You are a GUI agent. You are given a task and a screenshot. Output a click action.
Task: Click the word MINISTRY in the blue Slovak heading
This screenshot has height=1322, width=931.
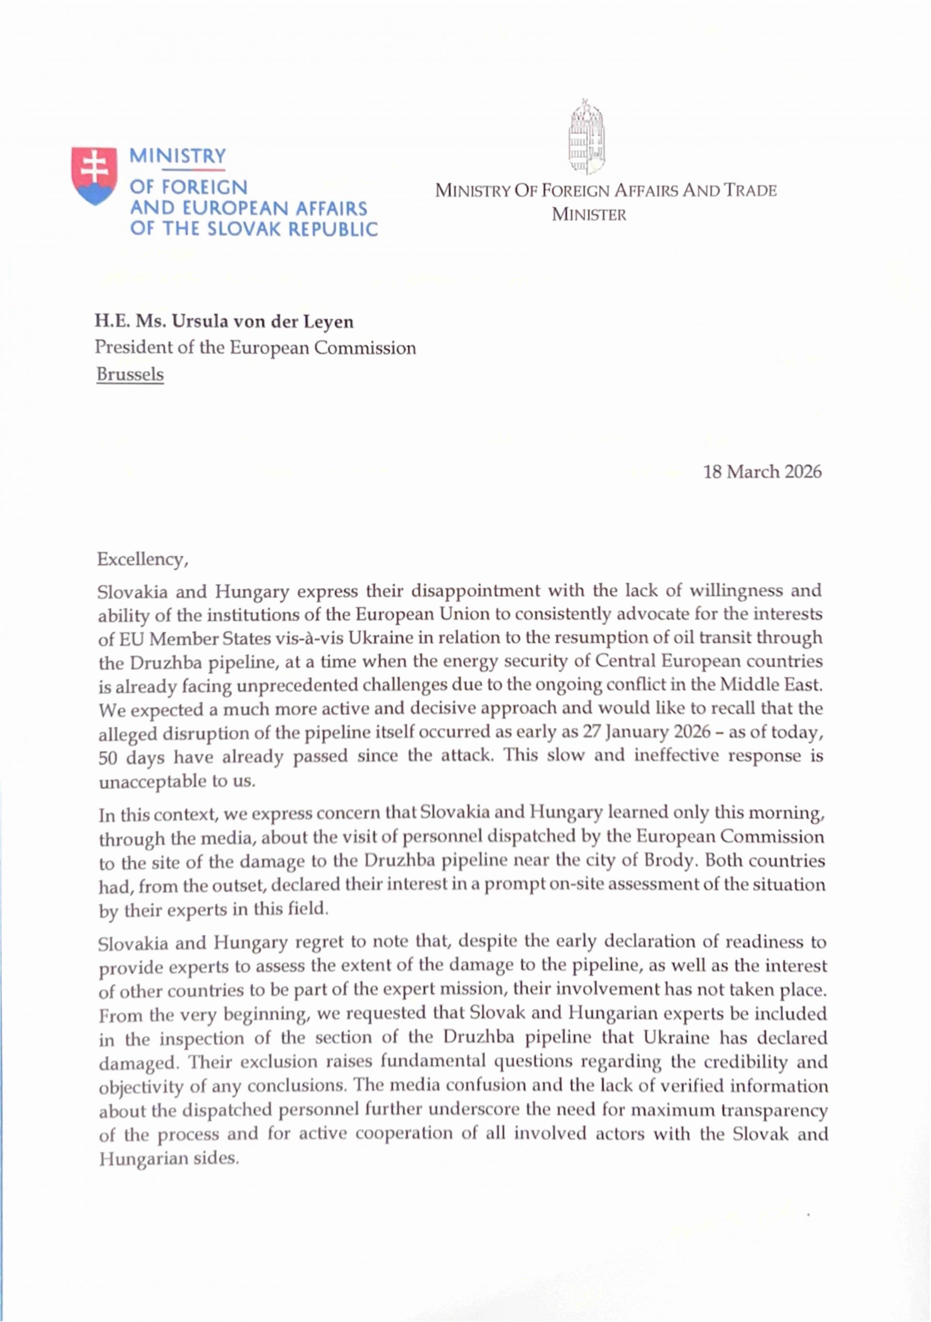point(178,156)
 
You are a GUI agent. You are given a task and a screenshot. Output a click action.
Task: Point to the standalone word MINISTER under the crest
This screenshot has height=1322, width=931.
point(589,215)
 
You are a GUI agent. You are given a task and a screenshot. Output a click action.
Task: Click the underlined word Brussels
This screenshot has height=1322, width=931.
point(130,374)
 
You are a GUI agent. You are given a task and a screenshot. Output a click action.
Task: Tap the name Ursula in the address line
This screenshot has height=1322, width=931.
point(197,321)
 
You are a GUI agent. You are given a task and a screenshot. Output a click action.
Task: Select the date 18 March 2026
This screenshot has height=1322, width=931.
point(762,472)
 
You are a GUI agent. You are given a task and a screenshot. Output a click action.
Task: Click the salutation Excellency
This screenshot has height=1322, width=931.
point(142,559)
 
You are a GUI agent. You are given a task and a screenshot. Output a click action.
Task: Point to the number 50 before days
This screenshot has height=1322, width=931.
point(108,756)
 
